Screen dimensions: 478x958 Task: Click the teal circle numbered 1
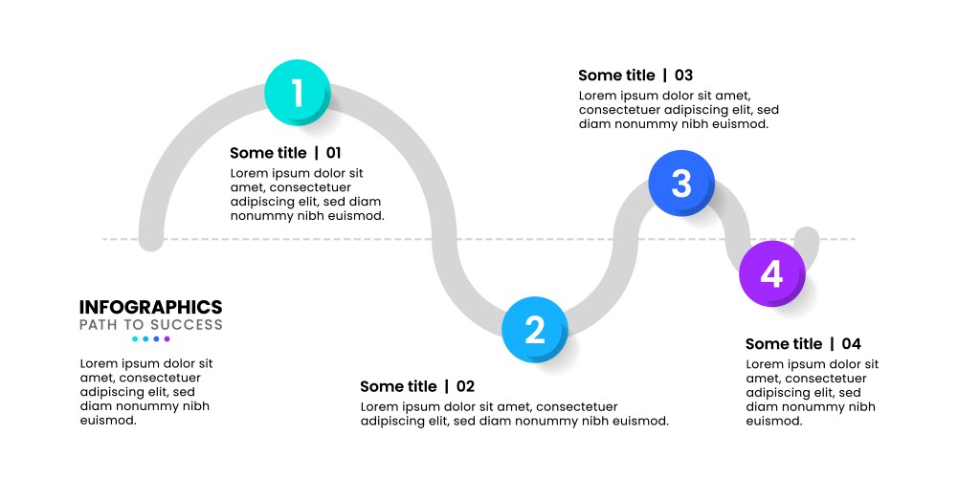point(297,93)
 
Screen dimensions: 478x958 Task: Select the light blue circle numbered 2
point(535,329)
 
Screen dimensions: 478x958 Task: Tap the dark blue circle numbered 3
point(680,183)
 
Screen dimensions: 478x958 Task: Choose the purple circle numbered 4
point(771,273)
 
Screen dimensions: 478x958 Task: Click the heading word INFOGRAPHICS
point(150,307)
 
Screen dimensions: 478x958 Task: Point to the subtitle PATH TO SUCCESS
point(150,325)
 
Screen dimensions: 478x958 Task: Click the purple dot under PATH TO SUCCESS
point(167,338)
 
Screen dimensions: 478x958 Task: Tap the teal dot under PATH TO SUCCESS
point(135,338)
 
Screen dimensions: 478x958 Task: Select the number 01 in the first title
point(333,153)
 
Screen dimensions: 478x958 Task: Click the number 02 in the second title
point(465,386)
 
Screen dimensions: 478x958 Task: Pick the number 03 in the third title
point(683,76)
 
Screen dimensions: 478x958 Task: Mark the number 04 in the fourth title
point(852,344)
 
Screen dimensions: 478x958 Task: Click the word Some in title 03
point(599,76)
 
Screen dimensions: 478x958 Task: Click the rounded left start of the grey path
point(151,239)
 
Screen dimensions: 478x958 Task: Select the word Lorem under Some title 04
point(765,364)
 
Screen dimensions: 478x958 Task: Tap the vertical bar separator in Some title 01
point(316,153)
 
